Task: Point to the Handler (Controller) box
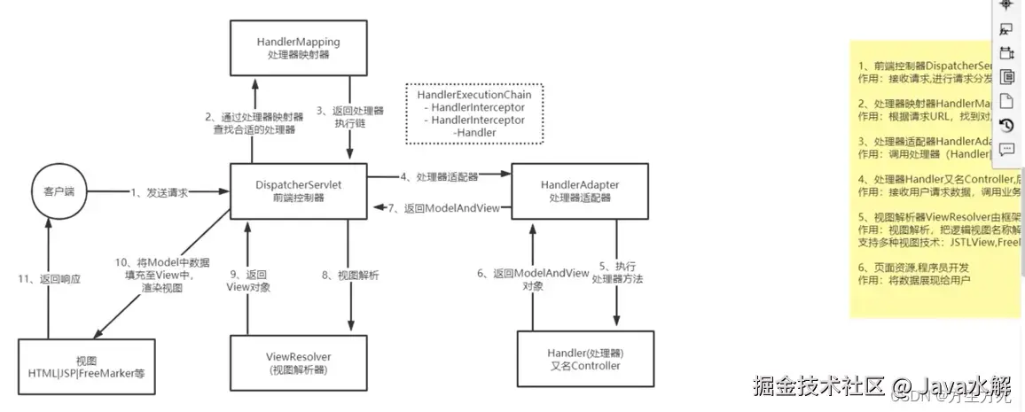tap(583, 359)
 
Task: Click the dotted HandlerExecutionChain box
tap(474, 113)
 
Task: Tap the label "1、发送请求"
tap(160, 192)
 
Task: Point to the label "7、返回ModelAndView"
tap(443, 208)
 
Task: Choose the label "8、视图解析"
tap(350, 276)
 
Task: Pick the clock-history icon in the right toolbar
tap(1006, 125)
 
